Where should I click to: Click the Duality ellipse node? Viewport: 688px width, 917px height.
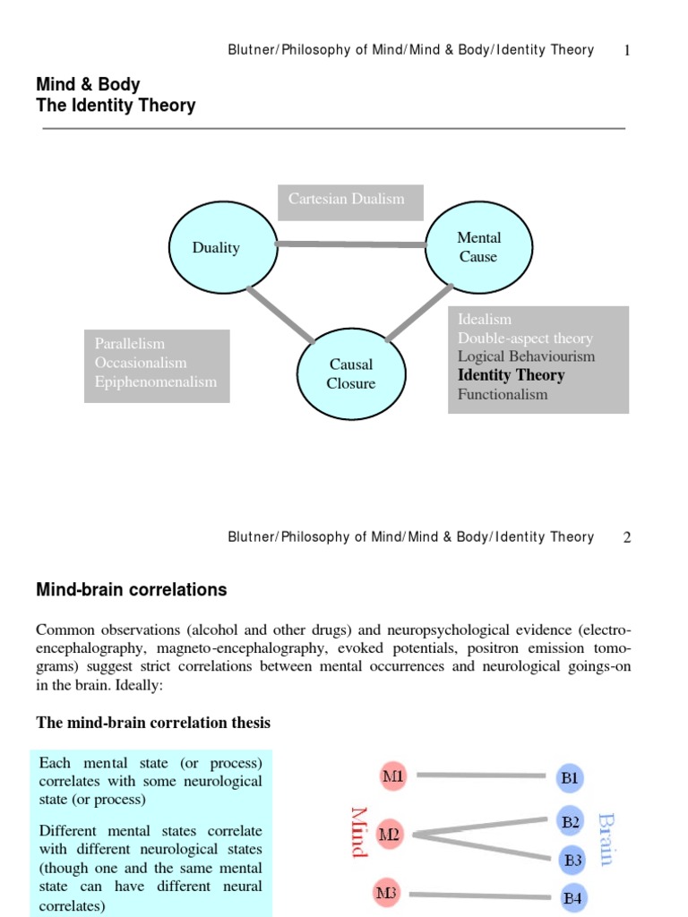216,247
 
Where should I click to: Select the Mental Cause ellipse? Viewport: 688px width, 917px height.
478,247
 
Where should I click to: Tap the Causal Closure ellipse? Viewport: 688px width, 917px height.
350,374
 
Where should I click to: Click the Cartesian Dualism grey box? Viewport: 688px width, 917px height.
350,201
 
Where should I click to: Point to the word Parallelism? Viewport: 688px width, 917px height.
130,344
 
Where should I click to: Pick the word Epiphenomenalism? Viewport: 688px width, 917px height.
156,381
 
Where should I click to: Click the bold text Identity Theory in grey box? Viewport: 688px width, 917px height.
511,375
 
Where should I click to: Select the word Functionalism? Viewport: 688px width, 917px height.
503,394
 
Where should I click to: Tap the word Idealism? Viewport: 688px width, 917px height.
485,319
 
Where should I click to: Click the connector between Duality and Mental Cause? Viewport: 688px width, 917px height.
350,244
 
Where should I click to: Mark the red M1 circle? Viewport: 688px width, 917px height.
392,776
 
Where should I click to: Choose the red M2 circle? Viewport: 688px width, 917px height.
390,835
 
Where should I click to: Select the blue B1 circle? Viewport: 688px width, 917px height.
570,778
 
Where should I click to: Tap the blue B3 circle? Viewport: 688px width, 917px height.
572,861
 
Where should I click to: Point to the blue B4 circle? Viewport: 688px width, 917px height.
572,896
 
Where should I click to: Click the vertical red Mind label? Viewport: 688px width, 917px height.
360,831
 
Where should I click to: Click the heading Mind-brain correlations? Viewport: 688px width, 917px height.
131,590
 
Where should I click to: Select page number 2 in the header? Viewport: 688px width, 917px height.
627,537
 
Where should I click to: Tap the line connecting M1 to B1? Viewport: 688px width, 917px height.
481,776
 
